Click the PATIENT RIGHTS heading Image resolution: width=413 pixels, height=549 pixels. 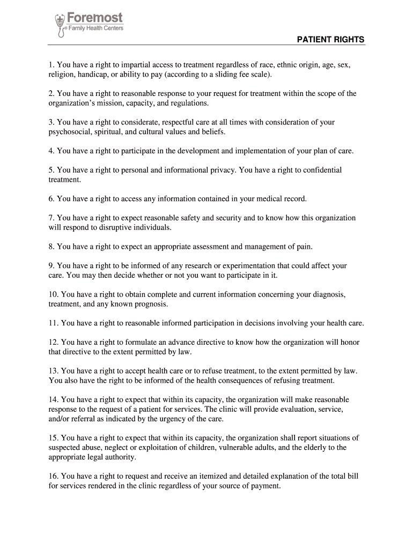331,40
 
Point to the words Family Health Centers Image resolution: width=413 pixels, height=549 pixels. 94,28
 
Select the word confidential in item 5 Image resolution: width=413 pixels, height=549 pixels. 320,169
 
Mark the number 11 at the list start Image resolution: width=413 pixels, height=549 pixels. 53,323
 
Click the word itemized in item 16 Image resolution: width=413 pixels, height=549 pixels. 216,476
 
